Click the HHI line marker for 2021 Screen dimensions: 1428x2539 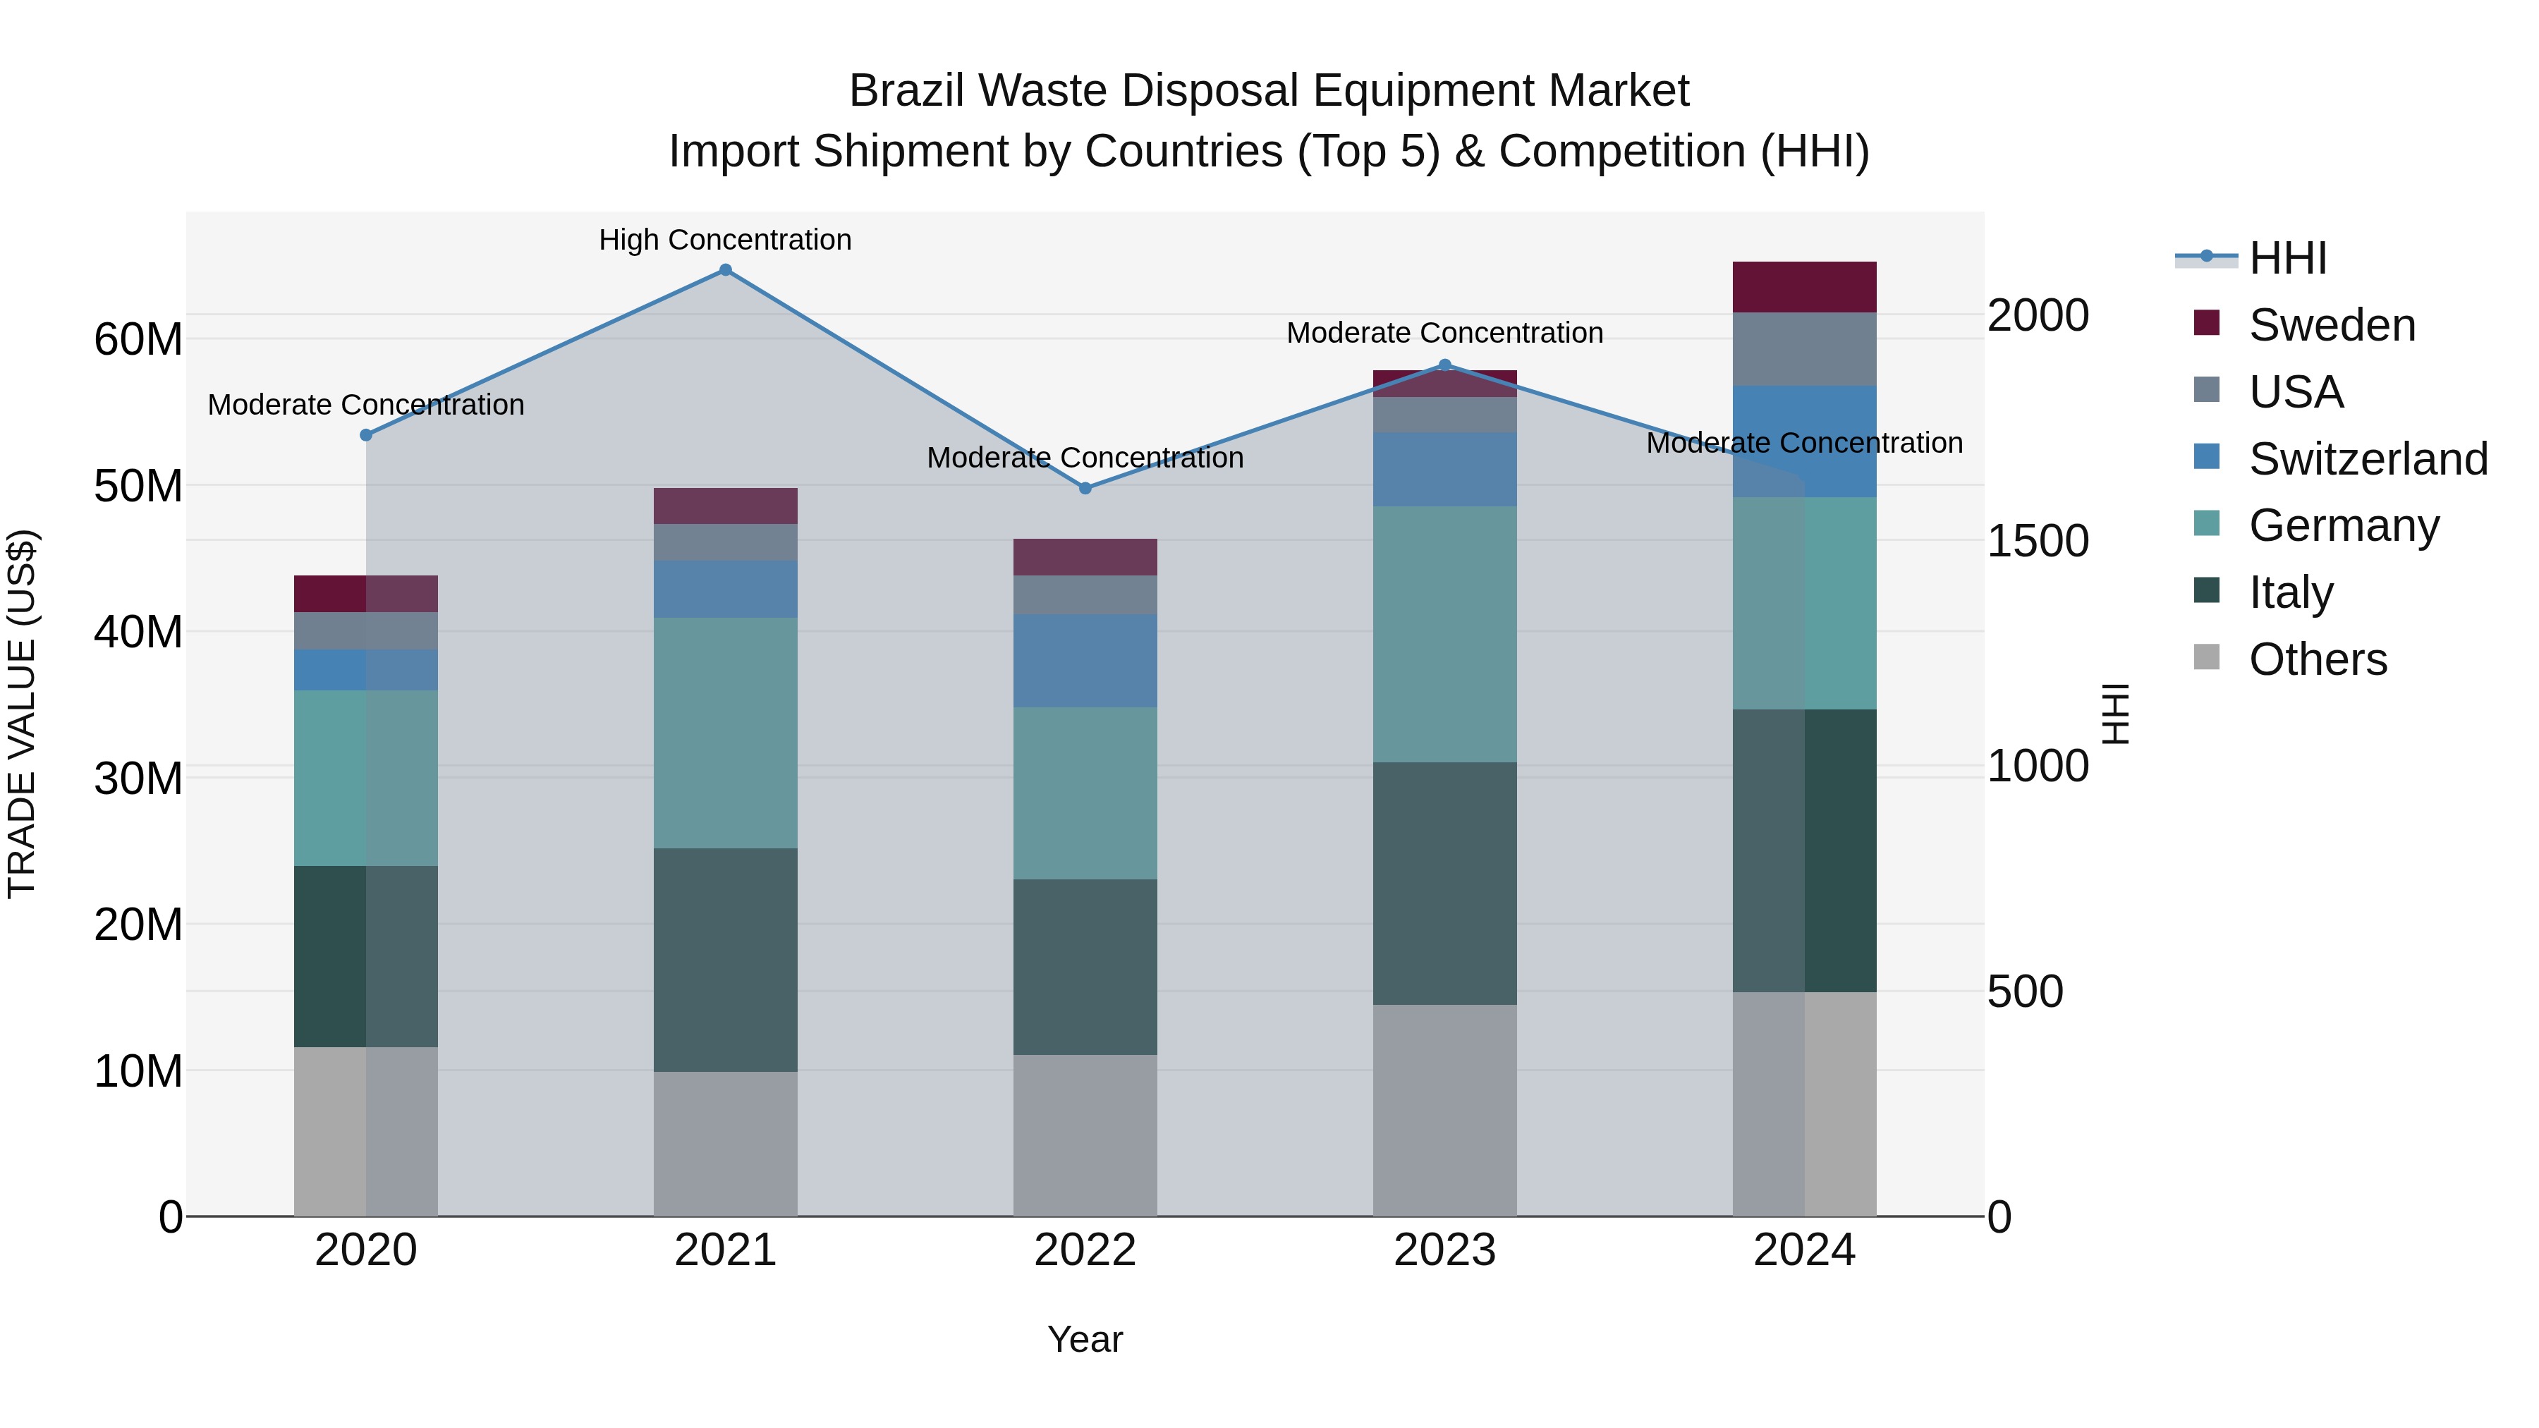click(x=726, y=270)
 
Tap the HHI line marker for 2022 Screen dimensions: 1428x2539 click(x=1085, y=488)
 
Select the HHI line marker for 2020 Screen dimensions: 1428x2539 click(x=365, y=434)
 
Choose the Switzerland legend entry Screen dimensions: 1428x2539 click(x=2368, y=459)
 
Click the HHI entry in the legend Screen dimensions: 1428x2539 click(x=2287, y=258)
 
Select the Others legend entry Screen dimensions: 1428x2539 click(x=2318, y=659)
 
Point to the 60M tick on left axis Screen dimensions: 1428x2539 click(x=138, y=339)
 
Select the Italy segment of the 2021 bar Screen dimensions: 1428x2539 click(x=726, y=959)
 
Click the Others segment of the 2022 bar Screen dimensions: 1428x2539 click(x=1085, y=1135)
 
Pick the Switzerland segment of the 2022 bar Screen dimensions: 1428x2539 click(x=1085, y=660)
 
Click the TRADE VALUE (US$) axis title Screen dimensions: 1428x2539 click(x=22, y=714)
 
